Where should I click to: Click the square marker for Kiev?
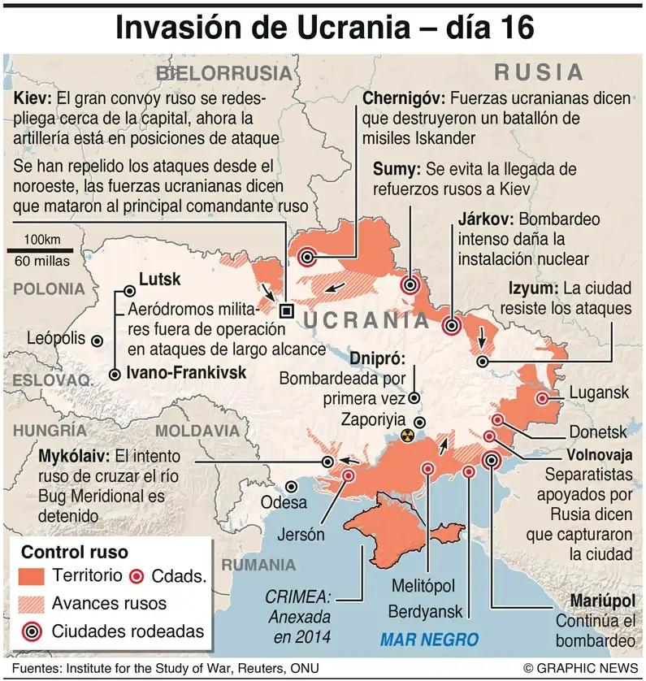click(x=285, y=310)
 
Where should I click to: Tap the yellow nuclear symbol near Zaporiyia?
click(x=407, y=436)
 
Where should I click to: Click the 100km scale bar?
click(x=41, y=251)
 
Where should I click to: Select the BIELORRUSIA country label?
click(x=223, y=73)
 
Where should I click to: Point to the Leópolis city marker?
click(x=98, y=341)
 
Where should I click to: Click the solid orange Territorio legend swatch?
click(x=33, y=576)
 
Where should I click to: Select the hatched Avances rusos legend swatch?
click(x=33, y=603)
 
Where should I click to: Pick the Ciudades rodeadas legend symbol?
click(x=33, y=631)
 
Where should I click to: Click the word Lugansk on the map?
click(x=599, y=393)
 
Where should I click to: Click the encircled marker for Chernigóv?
click(x=307, y=258)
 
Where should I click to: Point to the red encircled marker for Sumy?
click(x=411, y=285)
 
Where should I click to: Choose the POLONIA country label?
click(x=49, y=288)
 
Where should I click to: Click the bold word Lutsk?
click(x=160, y=280)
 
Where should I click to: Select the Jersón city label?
click(x=301, y=535)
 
